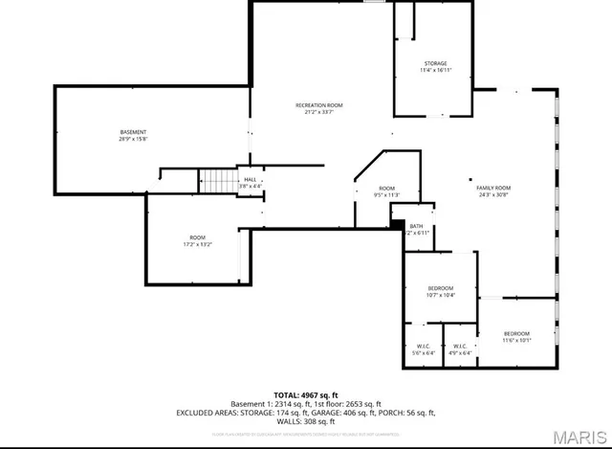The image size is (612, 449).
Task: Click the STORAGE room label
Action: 435,64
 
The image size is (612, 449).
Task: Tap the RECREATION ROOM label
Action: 318,105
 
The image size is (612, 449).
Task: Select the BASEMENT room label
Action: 133,131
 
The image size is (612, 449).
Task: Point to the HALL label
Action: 250,179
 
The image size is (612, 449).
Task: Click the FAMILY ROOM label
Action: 493,188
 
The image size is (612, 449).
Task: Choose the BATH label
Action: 416,226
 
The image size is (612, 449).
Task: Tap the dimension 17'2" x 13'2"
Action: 197,244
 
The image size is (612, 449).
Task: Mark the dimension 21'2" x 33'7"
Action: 318,113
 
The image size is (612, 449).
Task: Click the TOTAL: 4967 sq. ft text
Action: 306,394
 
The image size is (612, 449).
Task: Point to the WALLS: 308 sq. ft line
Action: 306,421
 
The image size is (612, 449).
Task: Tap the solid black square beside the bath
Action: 396,224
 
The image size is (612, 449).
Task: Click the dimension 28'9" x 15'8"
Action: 133,139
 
